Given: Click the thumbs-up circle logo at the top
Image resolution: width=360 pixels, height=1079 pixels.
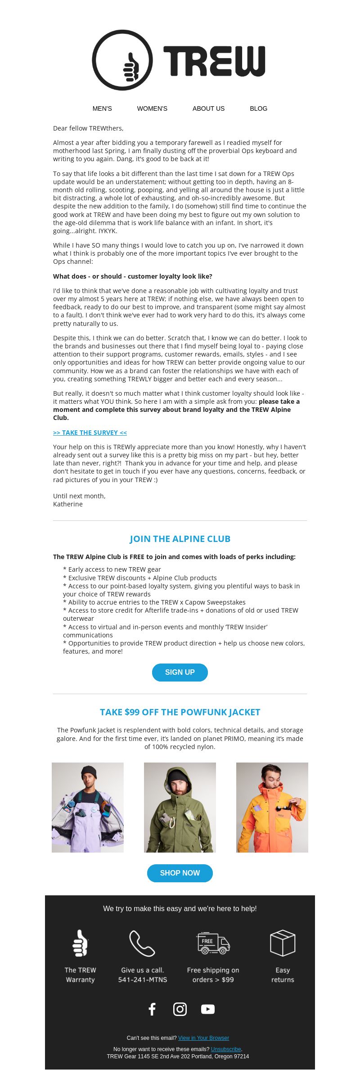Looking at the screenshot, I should [x=122, y=60].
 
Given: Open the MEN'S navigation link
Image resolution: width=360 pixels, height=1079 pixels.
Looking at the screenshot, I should [x=102, y=108].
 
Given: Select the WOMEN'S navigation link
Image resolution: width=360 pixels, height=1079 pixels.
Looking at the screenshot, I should [x=152, y=108].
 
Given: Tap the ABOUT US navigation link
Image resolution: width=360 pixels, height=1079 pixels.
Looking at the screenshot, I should [x=208, y=108].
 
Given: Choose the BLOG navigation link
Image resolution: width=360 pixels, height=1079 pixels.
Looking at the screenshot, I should [x=258, y=108].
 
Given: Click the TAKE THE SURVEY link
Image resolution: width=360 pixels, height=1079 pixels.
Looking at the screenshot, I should [x=90, y=433].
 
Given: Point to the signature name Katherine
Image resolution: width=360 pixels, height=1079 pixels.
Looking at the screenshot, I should [x=68, y=504].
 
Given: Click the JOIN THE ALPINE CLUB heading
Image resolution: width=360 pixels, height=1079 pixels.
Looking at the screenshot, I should [x=180, y=539].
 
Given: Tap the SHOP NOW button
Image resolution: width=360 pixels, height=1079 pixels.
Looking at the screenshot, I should [x=180, y=873].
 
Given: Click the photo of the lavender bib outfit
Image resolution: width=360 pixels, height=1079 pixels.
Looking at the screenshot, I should [x=88, y=807].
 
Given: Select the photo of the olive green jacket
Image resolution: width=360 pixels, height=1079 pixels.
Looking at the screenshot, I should [x=180, y=807].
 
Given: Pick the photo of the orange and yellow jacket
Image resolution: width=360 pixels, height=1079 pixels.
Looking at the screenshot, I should [x=272, y=807].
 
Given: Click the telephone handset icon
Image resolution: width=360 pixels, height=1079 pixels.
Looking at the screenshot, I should [x=142, y=943].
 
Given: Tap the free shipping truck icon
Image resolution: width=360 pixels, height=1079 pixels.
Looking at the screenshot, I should [x=213, y=943].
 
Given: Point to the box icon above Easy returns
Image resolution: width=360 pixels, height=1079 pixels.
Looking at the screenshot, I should [x=283, y=943].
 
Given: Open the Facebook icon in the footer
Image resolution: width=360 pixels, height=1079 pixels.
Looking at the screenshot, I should [x=152, y=1009].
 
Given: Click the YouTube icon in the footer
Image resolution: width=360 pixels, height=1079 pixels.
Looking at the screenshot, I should [x=208, y=1009].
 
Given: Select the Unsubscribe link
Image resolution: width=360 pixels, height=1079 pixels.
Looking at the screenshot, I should [x=226, y=1049].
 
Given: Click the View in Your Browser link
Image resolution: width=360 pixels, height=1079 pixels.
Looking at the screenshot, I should [x=203, y=1038].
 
